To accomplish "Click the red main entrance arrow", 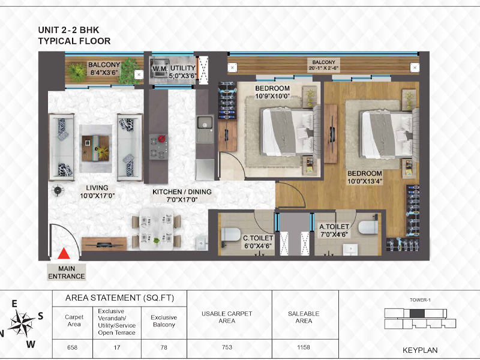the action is click(x=64, y=254).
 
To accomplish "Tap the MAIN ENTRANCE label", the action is click(x=67, y=272).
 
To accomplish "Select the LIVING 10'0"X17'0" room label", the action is click(x=97, y=191).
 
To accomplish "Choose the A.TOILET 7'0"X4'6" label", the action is click(x=334, y=230).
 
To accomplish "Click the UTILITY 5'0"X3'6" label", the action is click(x=183, y=71).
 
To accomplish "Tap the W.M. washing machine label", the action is click(x=160, y=69).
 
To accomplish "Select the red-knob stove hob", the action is click(x=158, y=146).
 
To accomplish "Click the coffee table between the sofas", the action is click(x=95, y=148).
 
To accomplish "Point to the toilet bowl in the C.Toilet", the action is click(x=230, y=234).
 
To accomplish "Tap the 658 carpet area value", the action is click(x=72, y=347).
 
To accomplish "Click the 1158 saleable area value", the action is click(x=304, y=347).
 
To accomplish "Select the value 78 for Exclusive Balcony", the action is click(x=164, y=347).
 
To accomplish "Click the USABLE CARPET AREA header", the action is click(x=227, y=317).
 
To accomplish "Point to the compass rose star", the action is click(x=21, y=323).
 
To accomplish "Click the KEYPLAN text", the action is click(x=420, y=350).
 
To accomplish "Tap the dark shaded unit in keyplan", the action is click(x=417, y=313).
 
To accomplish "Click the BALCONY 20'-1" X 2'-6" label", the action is click(x=323, y=65).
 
